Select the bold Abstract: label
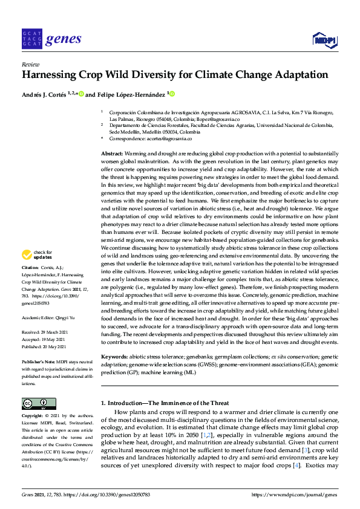pos(111,155)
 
